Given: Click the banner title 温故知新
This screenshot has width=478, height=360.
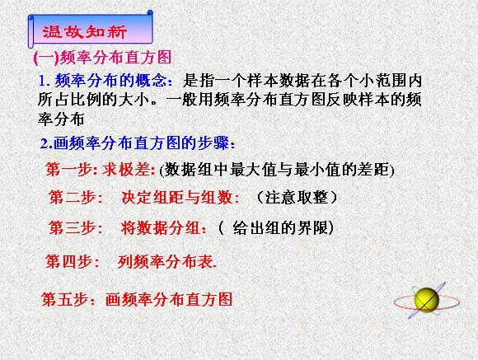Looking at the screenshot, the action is (85, 31).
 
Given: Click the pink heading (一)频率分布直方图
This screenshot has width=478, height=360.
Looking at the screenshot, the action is (102, 58).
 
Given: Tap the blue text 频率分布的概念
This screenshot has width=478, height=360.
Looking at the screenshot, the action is (111, 81).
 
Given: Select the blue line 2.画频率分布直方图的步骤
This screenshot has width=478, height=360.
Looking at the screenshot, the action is (138, 143).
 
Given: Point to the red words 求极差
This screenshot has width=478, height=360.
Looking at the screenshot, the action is (126, 169).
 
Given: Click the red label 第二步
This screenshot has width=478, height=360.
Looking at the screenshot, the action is (73, 197).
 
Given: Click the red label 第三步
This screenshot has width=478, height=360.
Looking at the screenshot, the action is (73, 227).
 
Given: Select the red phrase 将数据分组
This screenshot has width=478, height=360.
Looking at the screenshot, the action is (161, 227).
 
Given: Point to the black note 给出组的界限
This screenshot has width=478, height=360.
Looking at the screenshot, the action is (280, 227).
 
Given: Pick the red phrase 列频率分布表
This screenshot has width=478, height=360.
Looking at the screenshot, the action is (165, 261).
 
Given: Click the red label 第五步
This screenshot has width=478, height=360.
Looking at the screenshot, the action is (65, 299).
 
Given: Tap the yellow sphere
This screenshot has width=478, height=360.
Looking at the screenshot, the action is (426, 300).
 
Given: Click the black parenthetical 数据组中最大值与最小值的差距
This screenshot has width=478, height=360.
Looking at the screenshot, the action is (277, 170).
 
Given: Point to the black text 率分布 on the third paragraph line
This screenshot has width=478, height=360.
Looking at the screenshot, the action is (61, 119).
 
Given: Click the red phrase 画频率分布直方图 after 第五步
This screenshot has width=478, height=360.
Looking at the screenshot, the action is (169, 299).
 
